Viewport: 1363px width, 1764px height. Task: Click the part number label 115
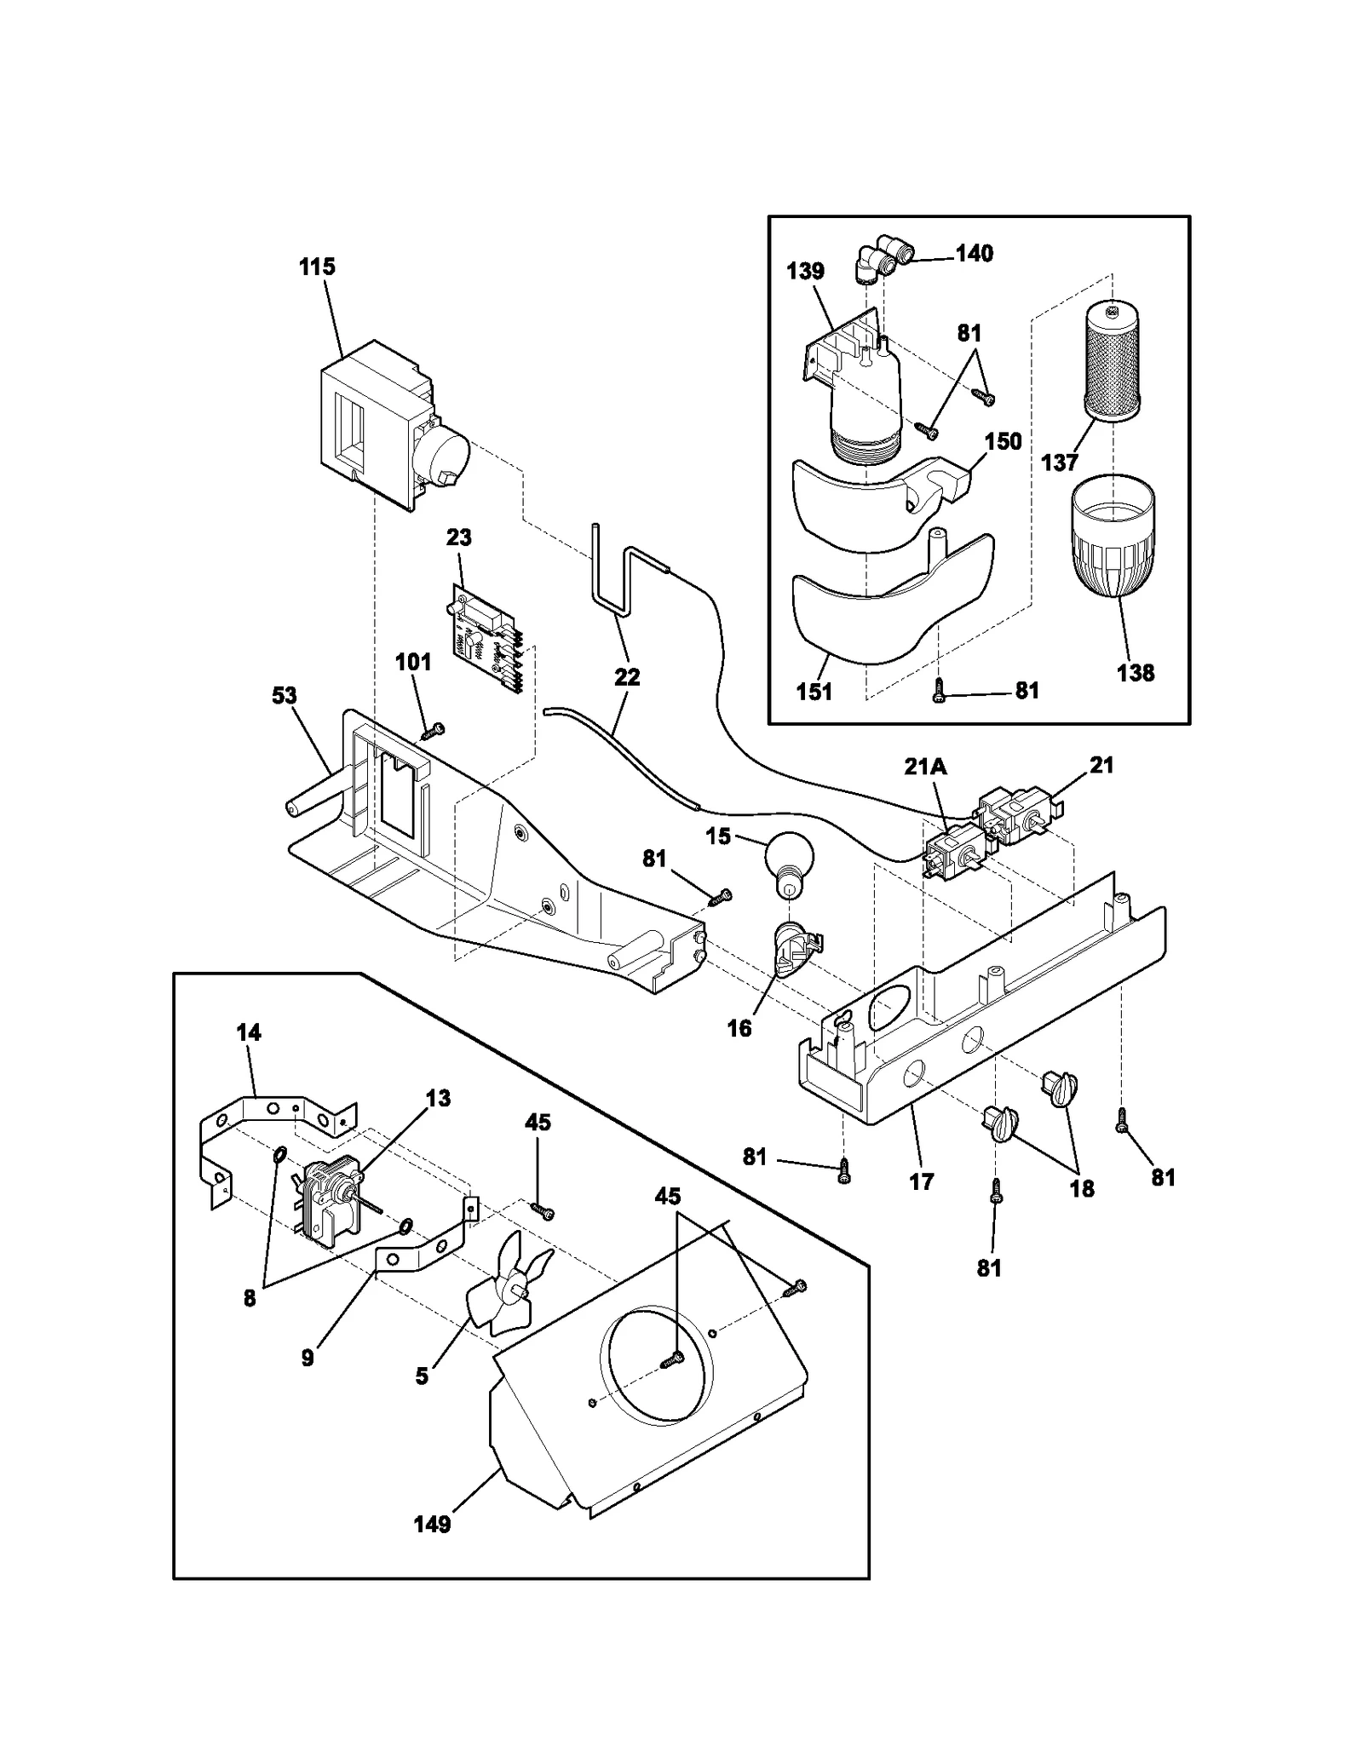[x=317, y=267]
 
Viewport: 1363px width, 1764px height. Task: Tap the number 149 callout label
[x=432, y=1524]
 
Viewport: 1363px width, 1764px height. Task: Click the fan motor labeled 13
[x=328, y=1204]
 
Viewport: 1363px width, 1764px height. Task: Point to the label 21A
[x=925, y=767]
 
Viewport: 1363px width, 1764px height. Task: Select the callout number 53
[x=285, y=695]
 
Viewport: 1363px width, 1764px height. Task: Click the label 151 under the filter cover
[x=814, y=691]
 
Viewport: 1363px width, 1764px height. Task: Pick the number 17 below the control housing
[x=922, y=1181]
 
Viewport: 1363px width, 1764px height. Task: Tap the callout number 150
[x=1003, y=441]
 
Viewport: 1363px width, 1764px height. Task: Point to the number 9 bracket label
[x=308, y=1358]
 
